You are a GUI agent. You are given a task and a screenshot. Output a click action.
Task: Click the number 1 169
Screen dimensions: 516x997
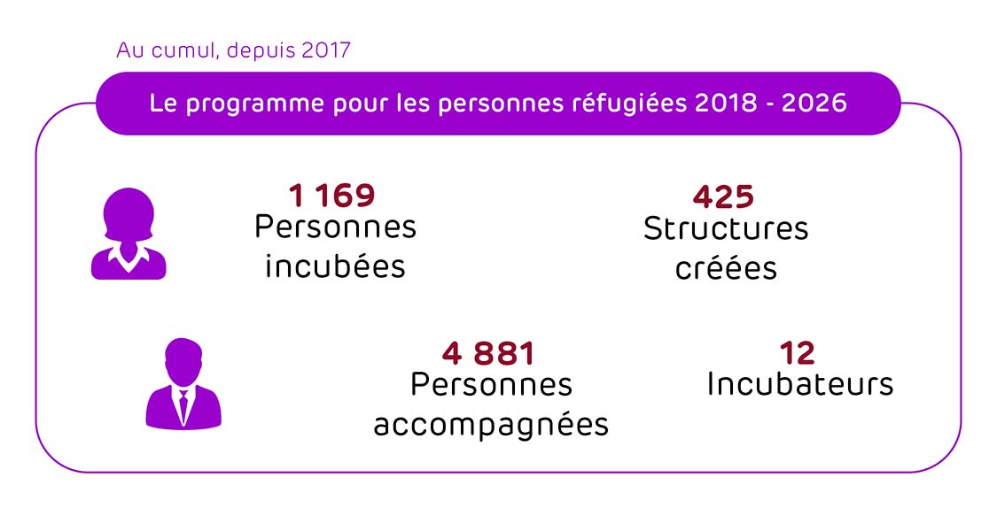(x=332, y=196)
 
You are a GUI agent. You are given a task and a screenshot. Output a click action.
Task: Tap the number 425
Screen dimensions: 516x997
(x=723, y=196)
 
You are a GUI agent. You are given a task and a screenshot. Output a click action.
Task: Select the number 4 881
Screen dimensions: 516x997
(x=488, y=354)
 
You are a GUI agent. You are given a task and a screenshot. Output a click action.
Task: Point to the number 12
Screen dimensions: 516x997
(x=797, y=354)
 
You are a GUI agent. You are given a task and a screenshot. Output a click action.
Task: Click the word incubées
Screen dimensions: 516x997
(x=335, y=266)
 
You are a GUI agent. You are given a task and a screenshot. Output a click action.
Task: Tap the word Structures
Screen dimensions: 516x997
(x=726, y=228)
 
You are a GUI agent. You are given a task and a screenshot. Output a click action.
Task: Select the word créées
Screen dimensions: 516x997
(x=726, y=267)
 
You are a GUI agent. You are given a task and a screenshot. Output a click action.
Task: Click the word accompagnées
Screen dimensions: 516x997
(x=491, y=424)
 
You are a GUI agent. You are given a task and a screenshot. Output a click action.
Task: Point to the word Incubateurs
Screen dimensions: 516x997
(x=799, y=384)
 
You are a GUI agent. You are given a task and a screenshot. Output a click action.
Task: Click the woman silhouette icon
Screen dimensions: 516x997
(x=129, y=234)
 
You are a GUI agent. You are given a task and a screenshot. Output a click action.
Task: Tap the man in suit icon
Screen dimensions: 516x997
(x=183, y=384)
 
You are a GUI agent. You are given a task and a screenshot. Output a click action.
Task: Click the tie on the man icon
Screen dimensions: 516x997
(x=183, y=405)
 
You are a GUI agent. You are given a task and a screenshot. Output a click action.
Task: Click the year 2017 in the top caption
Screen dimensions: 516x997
(x=326, y=50)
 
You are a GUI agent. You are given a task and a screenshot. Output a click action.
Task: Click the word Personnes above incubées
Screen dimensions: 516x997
(x=335, y=227)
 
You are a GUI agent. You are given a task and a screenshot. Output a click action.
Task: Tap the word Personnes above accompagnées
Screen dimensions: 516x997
(x=491, y=385)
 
